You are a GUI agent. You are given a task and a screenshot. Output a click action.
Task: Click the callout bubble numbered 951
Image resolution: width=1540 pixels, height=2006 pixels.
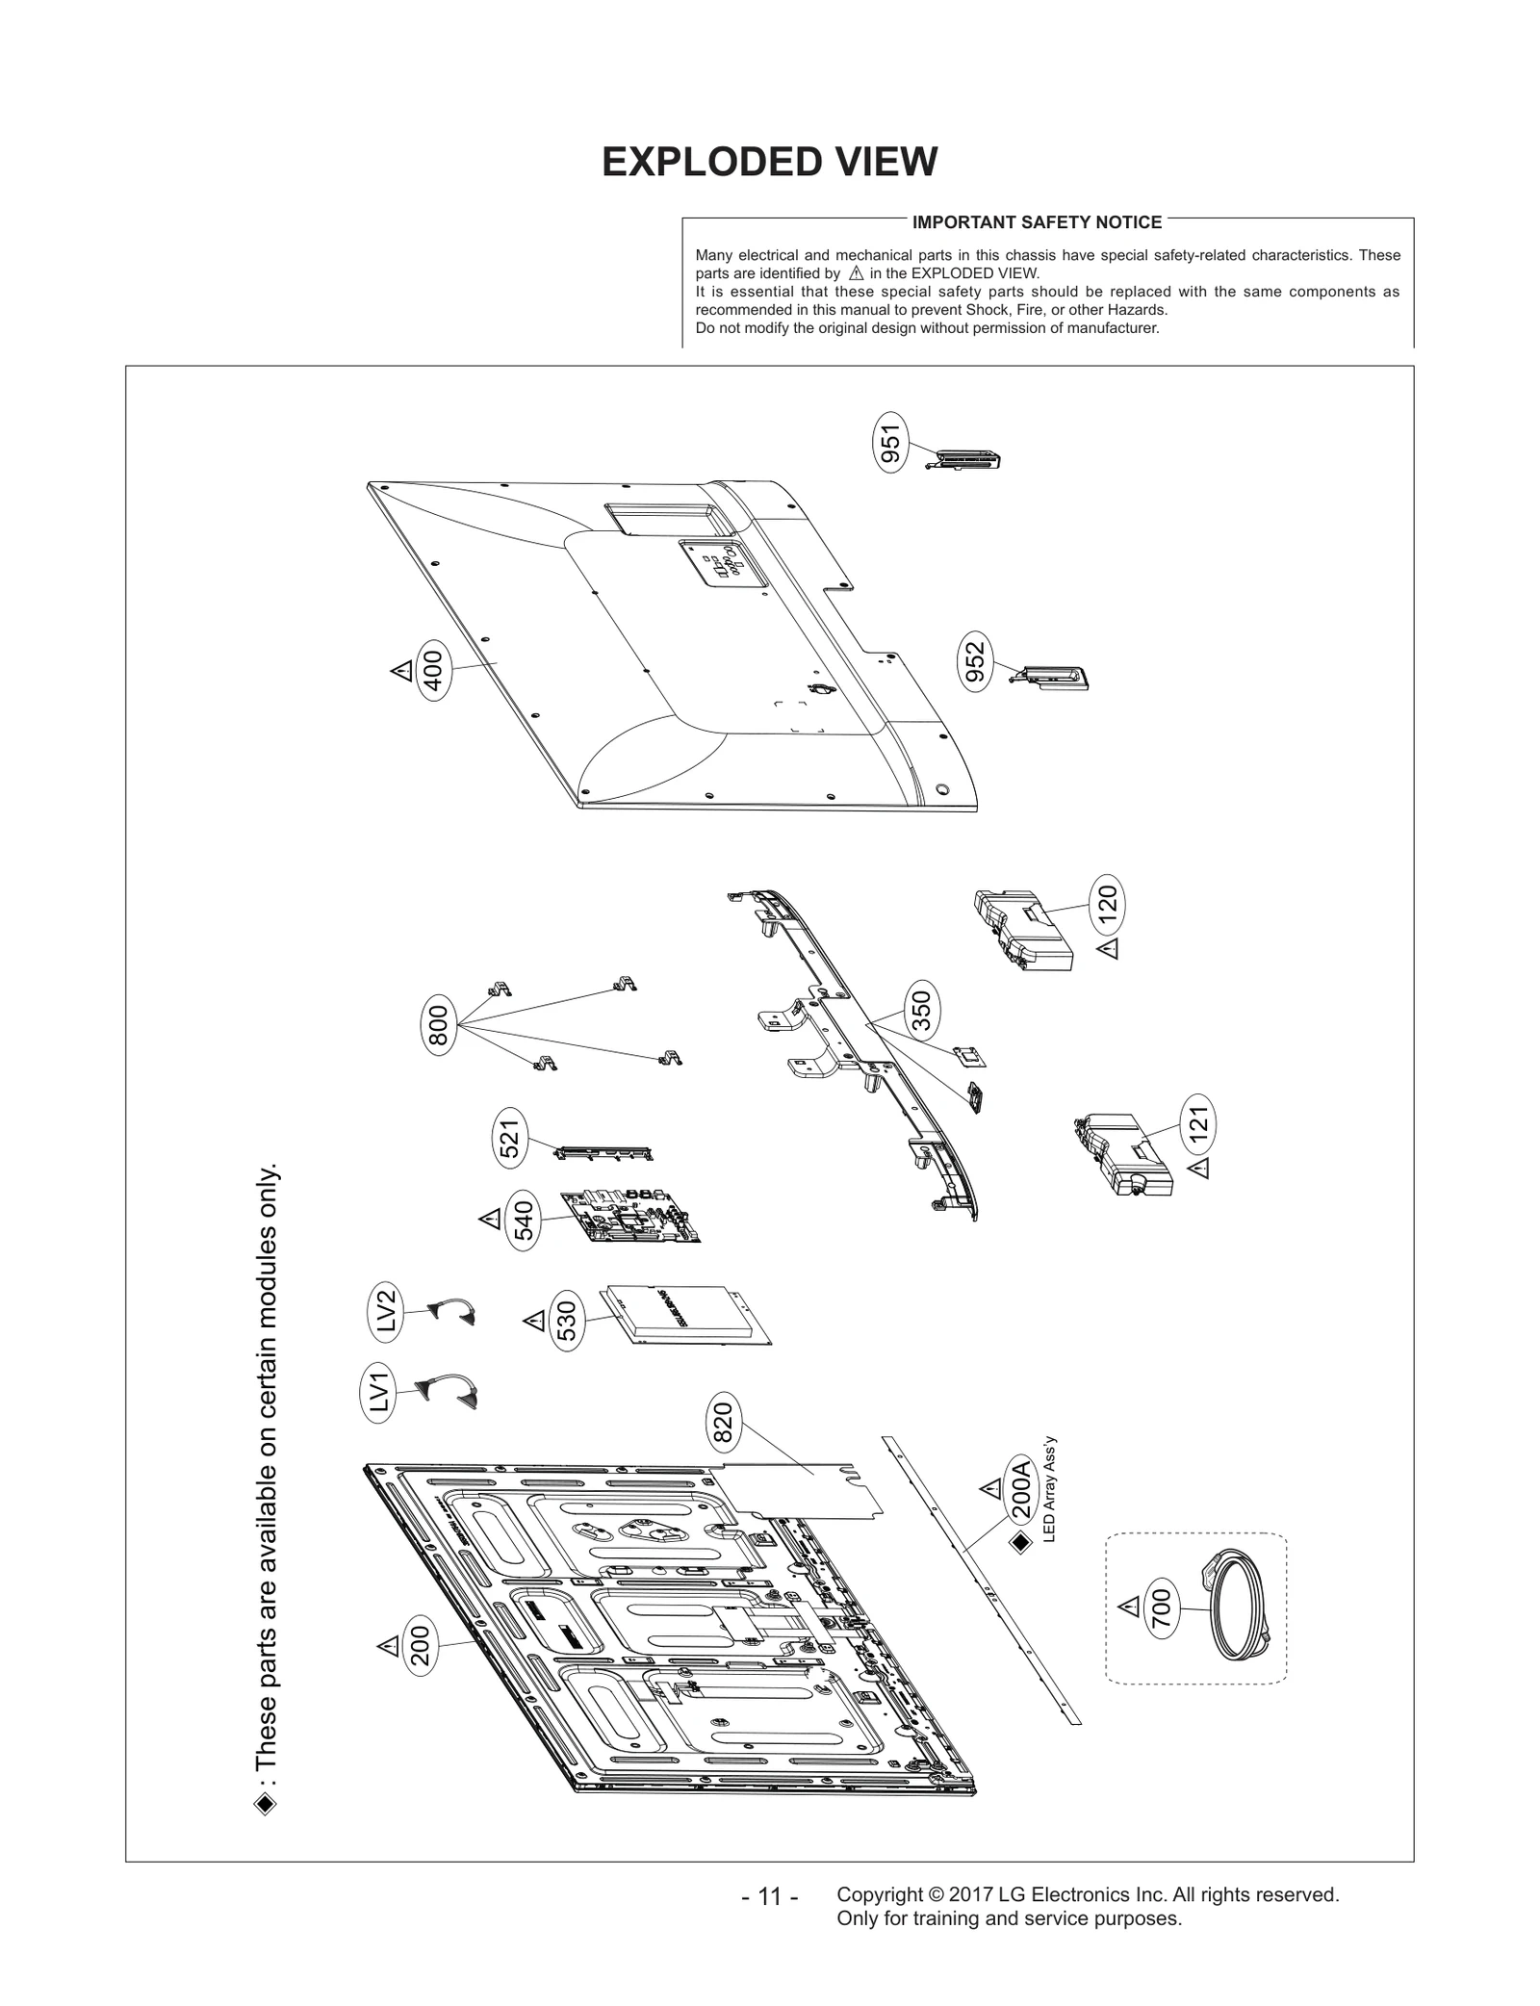point(891,444)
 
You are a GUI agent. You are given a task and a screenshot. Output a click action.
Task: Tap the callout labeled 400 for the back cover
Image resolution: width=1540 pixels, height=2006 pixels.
point(433,671)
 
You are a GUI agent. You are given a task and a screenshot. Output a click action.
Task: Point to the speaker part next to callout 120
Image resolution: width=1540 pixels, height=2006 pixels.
point(1024,929)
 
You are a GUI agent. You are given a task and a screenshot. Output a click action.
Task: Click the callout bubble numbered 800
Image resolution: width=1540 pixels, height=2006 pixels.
point(438,1026)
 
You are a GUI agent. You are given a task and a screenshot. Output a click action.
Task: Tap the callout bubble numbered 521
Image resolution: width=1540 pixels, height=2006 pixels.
point(510,1138)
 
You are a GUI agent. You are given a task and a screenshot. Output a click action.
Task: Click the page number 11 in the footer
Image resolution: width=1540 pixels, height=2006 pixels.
point(769,1896)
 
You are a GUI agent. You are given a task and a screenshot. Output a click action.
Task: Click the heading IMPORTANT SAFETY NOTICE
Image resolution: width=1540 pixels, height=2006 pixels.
point(1037,222)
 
